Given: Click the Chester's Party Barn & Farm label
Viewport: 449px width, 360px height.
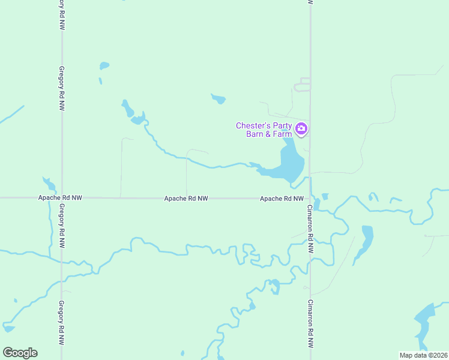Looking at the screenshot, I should coord(264,130).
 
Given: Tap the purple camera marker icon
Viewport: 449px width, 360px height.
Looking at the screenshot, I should coord(301,128).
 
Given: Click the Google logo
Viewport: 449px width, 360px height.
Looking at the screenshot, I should coord(20,353).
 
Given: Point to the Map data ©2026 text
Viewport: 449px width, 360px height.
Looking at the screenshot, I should coord(424,355).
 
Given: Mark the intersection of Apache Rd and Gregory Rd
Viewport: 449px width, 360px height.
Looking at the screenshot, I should coord(62,197).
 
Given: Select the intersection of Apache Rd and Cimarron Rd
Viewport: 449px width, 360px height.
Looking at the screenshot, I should coord(310,197).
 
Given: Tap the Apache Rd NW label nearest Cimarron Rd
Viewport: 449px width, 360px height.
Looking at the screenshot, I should coord(282,198).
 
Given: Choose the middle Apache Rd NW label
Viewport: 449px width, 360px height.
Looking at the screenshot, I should coord(186,198).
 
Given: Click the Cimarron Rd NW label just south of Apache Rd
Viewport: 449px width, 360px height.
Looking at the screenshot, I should coord(310,229).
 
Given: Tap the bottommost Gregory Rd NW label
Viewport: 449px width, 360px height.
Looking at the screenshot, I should coord(61,324).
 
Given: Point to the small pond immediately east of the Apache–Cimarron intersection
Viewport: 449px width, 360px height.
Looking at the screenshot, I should coord(325,196).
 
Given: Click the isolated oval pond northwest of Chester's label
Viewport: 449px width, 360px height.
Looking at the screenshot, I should coord(218,98).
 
